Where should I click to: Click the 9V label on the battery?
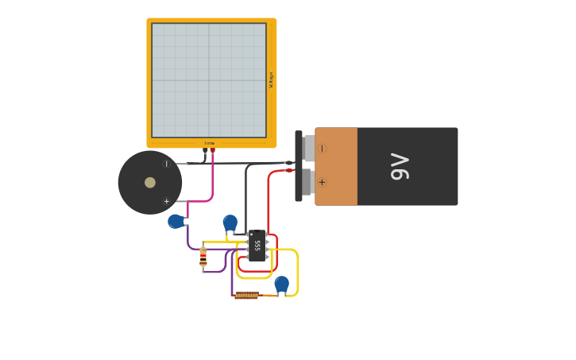coord(400,166)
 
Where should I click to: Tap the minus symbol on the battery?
coord(322,148)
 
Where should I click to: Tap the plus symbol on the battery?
coord(322,182)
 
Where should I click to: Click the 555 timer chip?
coord(257,246)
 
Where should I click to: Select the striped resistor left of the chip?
coord(203,256)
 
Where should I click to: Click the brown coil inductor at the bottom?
coord(246,296)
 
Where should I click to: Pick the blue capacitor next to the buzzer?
coord(176,221)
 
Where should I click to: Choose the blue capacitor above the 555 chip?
coord(230,222)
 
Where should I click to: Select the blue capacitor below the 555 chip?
coord(281,283)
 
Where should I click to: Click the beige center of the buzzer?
coord(150,182)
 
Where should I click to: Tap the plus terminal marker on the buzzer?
coord(166,201)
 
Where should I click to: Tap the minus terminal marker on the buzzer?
coord(166,164)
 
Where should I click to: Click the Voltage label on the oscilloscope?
coord(271,79)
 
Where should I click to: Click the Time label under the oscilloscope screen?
coord(209,143)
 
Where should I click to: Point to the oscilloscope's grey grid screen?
coord(209,79)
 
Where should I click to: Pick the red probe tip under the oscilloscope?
coord(212,150)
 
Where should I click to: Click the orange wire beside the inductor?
coord(269,296)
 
